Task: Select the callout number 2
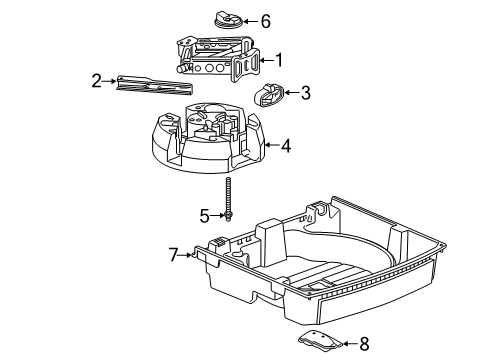point(97,81)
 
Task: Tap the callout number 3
point(306,93)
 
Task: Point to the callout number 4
point(286,146)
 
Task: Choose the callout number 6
point(265,21)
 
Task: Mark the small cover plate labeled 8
point(320,340)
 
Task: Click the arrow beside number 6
point(250,21)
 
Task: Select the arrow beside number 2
point(112,81)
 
